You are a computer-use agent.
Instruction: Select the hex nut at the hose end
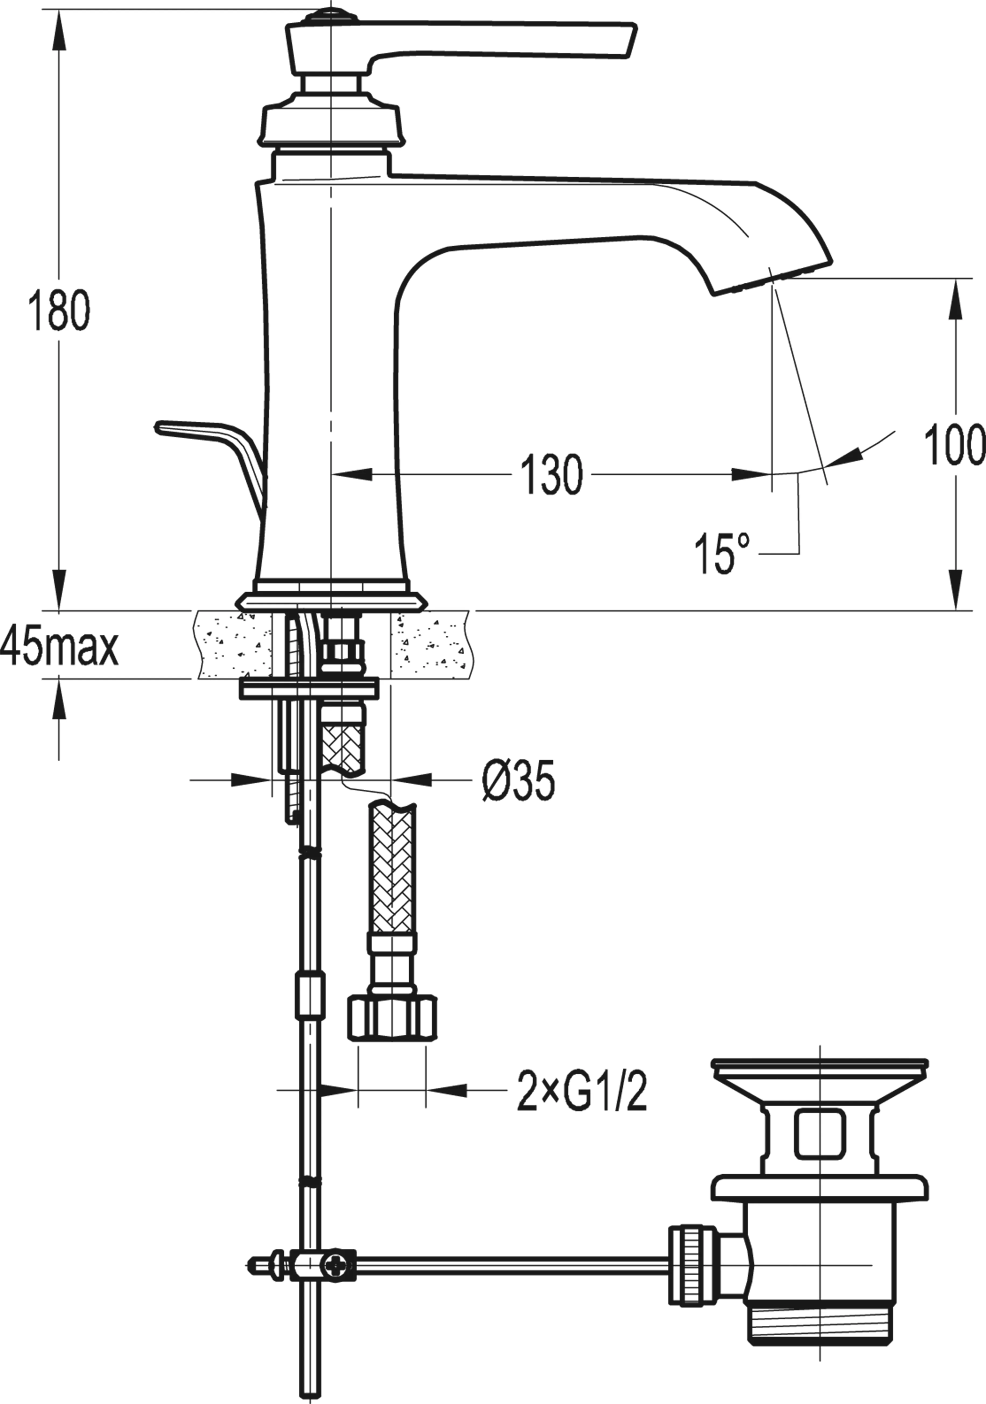(x=393, y=1017)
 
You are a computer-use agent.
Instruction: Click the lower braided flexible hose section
(x=393, y=868)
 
